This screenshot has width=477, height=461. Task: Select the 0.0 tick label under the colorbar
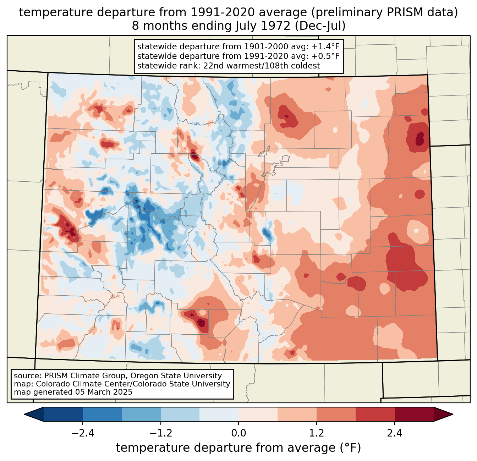click(x=238, y=433)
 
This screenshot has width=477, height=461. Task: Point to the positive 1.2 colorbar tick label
click(x=317, y=433)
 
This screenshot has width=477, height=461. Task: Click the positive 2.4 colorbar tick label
click(x=395, y=433)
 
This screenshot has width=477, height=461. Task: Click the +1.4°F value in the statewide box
click(x=325, y=47)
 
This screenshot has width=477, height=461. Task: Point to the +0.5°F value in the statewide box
click(x=325, y=56)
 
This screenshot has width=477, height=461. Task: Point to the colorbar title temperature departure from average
click(x=238, y=448)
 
